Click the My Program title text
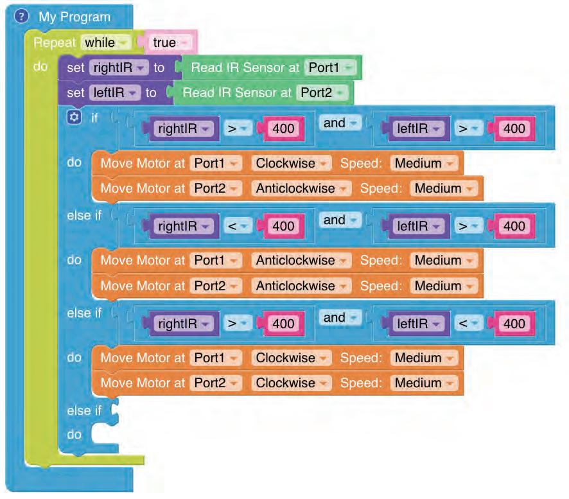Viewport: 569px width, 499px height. pos(74,17)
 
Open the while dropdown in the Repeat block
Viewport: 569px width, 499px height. pos(105,43)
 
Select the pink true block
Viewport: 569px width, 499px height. pos(169,43)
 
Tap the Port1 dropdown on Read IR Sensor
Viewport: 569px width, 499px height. pos(330,67)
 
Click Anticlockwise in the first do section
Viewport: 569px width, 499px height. pos(299,188)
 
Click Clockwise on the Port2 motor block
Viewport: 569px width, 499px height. pos(290,383)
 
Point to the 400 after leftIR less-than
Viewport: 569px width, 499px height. pos(514,323)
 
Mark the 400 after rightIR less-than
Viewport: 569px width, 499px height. pos(283,226)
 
